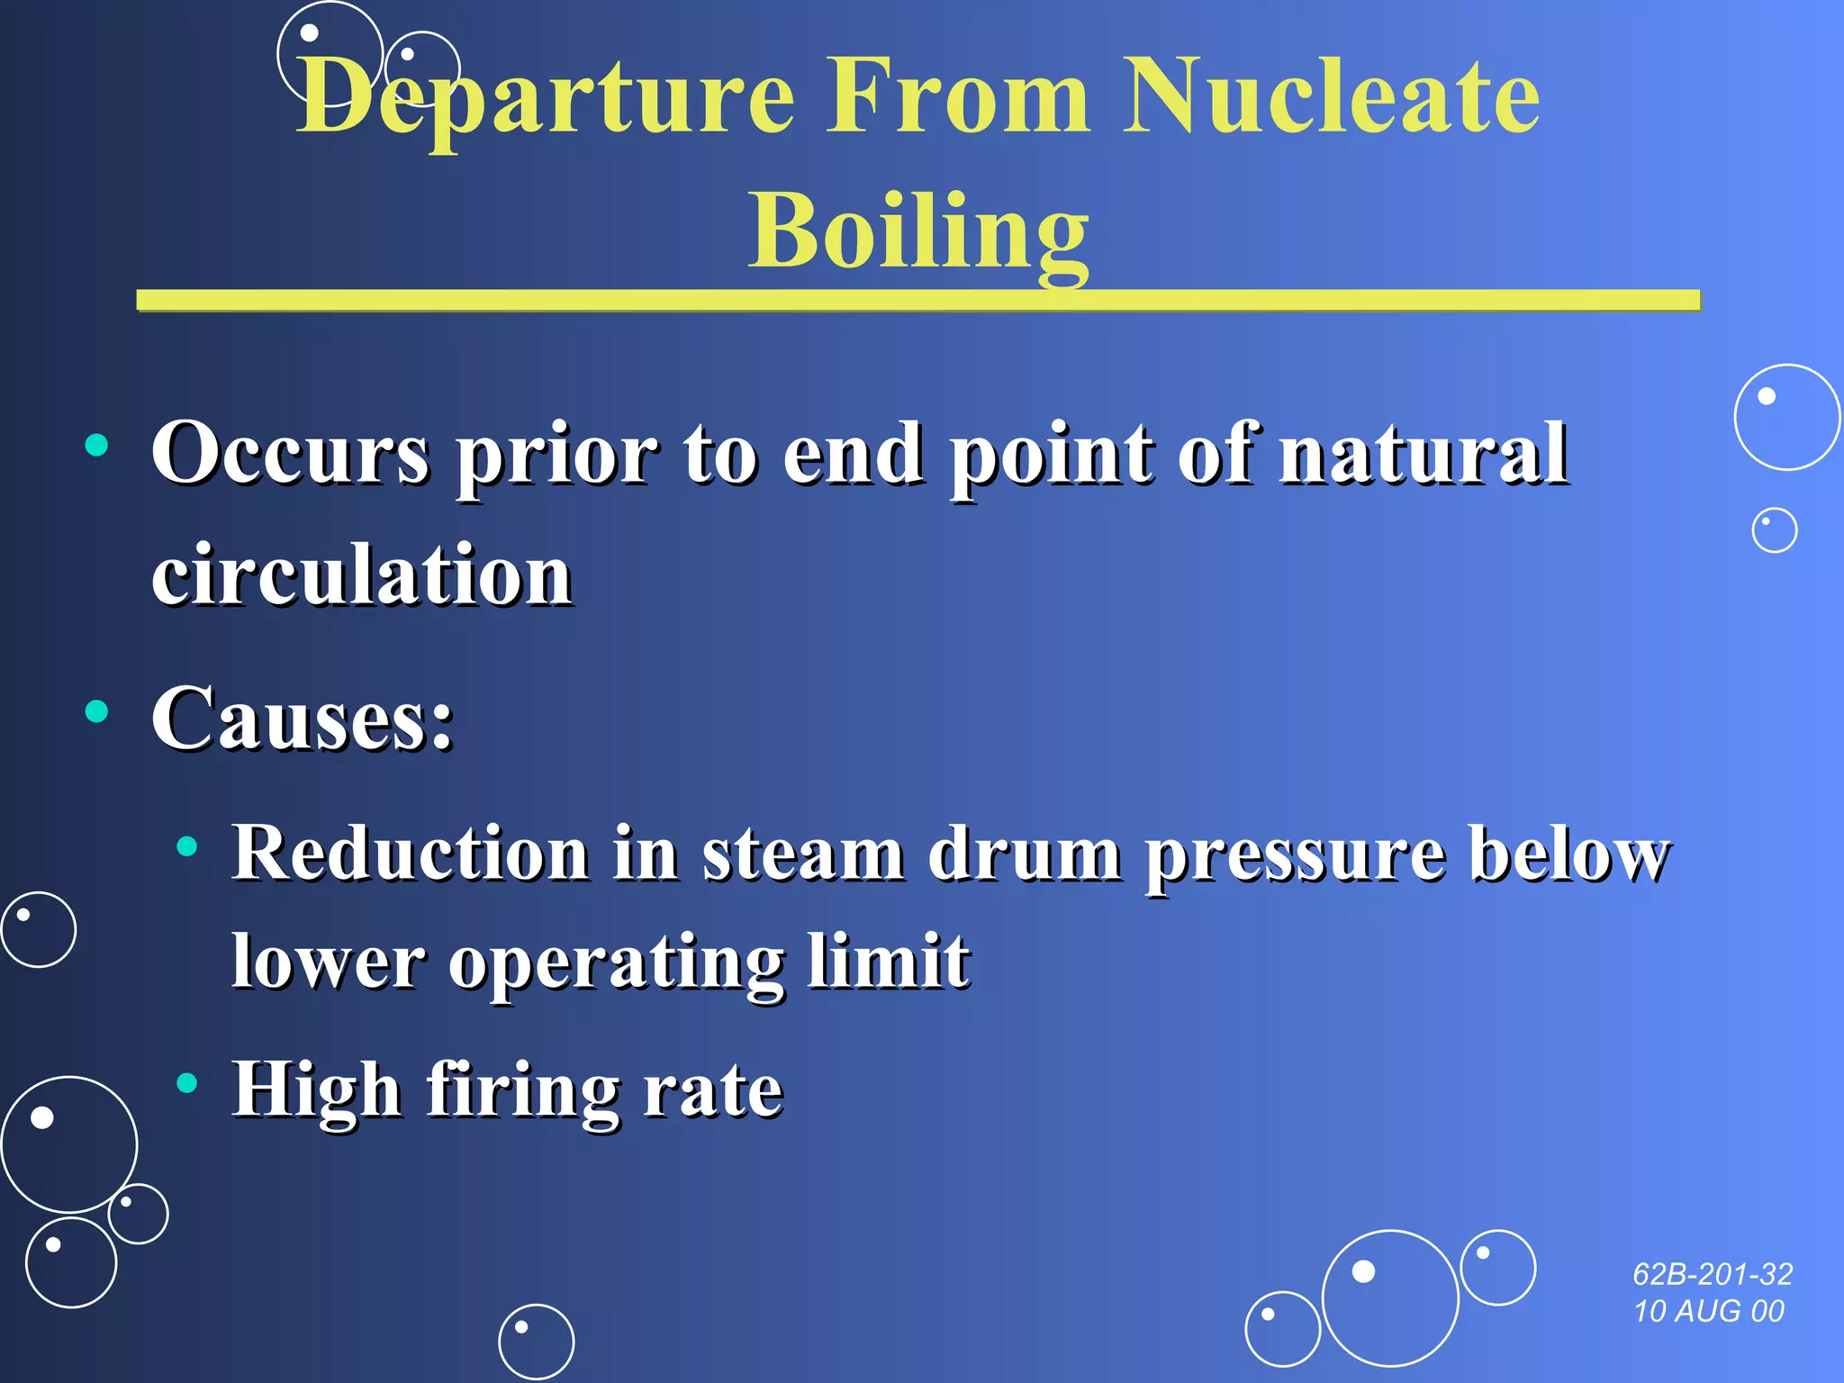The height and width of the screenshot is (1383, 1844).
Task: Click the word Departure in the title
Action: pos(546,97)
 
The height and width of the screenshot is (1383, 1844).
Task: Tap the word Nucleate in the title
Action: pos(1331,97)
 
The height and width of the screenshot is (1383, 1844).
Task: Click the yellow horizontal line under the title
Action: pos(918,301)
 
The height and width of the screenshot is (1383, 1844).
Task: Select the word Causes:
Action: pos(303,719)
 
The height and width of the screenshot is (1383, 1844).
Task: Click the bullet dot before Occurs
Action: pos(96,445)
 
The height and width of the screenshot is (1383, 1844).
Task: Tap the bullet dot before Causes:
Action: pos(96,711)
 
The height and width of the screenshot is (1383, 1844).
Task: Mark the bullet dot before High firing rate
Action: pos(187,1082)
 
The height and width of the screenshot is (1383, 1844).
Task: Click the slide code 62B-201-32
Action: pos(1713,1274)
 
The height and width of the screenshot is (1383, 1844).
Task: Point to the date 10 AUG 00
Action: pos(1709,1311)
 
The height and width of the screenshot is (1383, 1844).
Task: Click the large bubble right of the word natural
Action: pos(1786,417)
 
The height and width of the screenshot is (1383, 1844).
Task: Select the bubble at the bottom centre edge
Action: pos(536,1342)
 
